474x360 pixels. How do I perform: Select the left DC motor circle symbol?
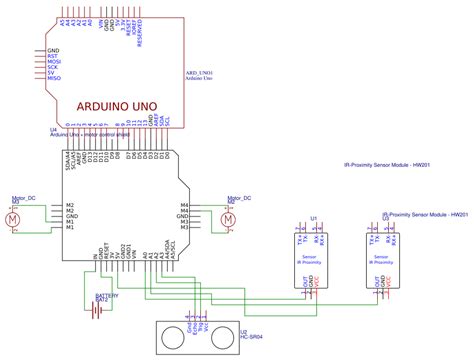13,218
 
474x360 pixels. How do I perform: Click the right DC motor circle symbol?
228,218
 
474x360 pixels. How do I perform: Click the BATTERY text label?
106,296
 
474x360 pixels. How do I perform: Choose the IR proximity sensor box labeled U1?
306,259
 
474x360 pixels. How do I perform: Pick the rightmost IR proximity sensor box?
382,259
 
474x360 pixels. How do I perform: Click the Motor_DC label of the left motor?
20,199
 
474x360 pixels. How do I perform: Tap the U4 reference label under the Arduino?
52,129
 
